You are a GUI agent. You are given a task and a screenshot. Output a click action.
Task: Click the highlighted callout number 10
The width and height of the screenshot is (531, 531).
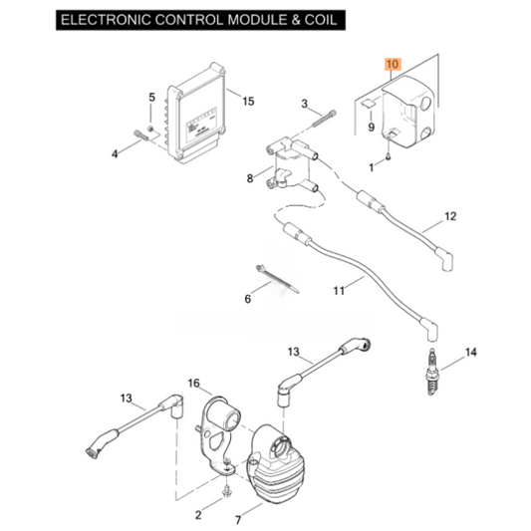click(393, 64)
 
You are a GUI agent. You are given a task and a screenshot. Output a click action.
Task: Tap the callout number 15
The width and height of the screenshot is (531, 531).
click(248, 101)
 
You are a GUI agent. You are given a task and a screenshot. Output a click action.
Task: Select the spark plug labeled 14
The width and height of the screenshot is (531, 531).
click(431, 372)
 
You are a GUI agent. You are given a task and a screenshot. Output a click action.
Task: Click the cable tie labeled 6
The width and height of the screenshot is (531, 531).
click(277, 279)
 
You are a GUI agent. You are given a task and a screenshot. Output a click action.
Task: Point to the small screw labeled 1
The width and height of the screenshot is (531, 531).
click(389, 156)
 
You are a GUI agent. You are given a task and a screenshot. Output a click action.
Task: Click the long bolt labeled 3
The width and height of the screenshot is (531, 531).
click(324, 119)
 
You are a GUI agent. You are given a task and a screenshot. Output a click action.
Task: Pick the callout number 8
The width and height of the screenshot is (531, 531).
click(250, 178)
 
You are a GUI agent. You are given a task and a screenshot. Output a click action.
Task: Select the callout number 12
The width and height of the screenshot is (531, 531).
click(450, 216)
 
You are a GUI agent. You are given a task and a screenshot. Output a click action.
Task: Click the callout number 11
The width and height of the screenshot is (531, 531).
click(339, 291)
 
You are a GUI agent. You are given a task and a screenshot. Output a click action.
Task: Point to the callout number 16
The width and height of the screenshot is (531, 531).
click(193, 383)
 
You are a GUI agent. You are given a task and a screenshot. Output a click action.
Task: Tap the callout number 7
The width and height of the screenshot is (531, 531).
click(238, 519)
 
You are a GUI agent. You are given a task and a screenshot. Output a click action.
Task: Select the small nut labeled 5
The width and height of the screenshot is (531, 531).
click(150, 129)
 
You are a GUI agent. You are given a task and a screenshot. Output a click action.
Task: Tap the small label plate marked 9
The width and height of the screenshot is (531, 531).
click(368, 104)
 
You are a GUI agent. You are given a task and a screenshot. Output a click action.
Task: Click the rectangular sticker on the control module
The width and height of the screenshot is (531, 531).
click(201, 125)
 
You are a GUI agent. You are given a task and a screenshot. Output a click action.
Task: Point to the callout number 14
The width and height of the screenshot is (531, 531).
click(470, 353)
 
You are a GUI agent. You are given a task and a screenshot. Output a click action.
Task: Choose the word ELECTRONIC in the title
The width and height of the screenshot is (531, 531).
click(106, 20)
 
